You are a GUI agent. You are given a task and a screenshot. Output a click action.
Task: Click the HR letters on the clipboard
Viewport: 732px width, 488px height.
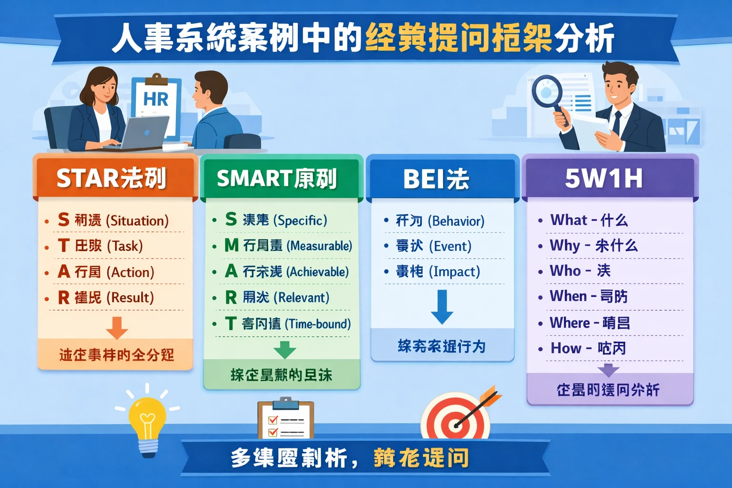click(156, 99)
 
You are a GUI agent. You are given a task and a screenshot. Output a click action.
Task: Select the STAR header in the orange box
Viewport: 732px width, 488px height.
click(112, 178)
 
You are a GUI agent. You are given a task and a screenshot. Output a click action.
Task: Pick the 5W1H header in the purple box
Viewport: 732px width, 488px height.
click(604, 178)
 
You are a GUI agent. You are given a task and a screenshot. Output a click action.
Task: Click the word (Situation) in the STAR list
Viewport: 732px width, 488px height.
click(137, 221)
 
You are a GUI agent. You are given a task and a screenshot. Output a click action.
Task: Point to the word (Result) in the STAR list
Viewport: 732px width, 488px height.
click(130, 298)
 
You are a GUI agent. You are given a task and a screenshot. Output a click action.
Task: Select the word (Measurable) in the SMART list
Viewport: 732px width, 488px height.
click(319, 246)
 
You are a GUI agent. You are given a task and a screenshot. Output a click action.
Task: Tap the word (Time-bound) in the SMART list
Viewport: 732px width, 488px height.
click(318, 324)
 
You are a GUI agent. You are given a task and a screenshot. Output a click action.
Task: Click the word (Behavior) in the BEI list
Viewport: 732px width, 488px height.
click(456, 221)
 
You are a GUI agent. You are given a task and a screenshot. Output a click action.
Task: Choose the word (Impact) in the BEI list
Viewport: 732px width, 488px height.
click(455, 272)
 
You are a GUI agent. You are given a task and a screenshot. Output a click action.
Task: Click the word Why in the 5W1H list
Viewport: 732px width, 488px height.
click(565, 245)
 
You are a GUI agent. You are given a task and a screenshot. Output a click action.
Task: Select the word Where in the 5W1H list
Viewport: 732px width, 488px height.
click(569, 323)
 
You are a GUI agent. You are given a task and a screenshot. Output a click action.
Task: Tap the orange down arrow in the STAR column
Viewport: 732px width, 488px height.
click(117, 327)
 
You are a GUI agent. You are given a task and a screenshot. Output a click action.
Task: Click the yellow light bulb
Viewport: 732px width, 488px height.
click(148, 422)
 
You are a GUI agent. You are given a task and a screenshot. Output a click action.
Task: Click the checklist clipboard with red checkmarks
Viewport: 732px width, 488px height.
click(285, 419)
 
